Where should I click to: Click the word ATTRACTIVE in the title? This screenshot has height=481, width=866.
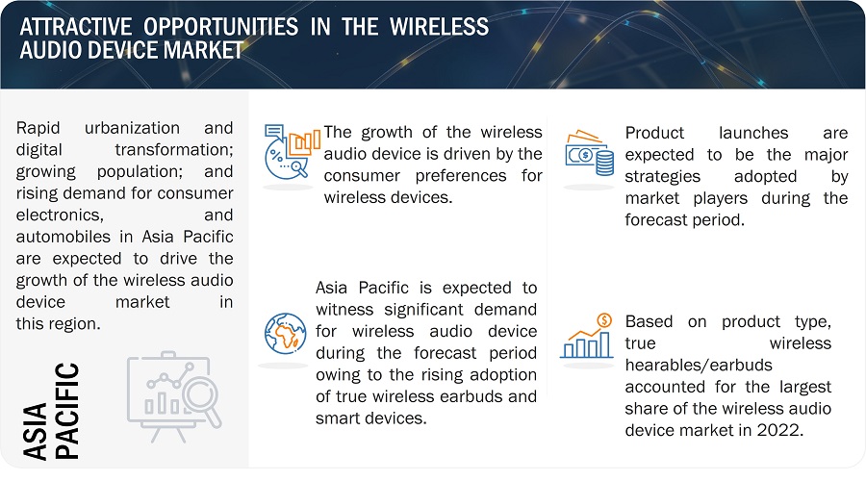[76, 27]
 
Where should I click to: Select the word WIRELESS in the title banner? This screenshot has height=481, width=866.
[439, 27]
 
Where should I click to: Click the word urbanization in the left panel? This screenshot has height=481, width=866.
[132, 128]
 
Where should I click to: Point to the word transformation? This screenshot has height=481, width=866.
[174, 150]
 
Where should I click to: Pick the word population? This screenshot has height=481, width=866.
[140, 172]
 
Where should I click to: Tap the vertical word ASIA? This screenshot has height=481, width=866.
[36, 431]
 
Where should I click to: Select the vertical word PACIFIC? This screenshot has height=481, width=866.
[67, 411]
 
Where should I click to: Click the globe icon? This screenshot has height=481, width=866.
[285, 333]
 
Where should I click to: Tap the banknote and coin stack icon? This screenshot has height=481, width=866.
[590, 153]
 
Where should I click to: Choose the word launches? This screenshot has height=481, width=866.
[753, 133]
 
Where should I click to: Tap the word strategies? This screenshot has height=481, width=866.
[663, 177]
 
